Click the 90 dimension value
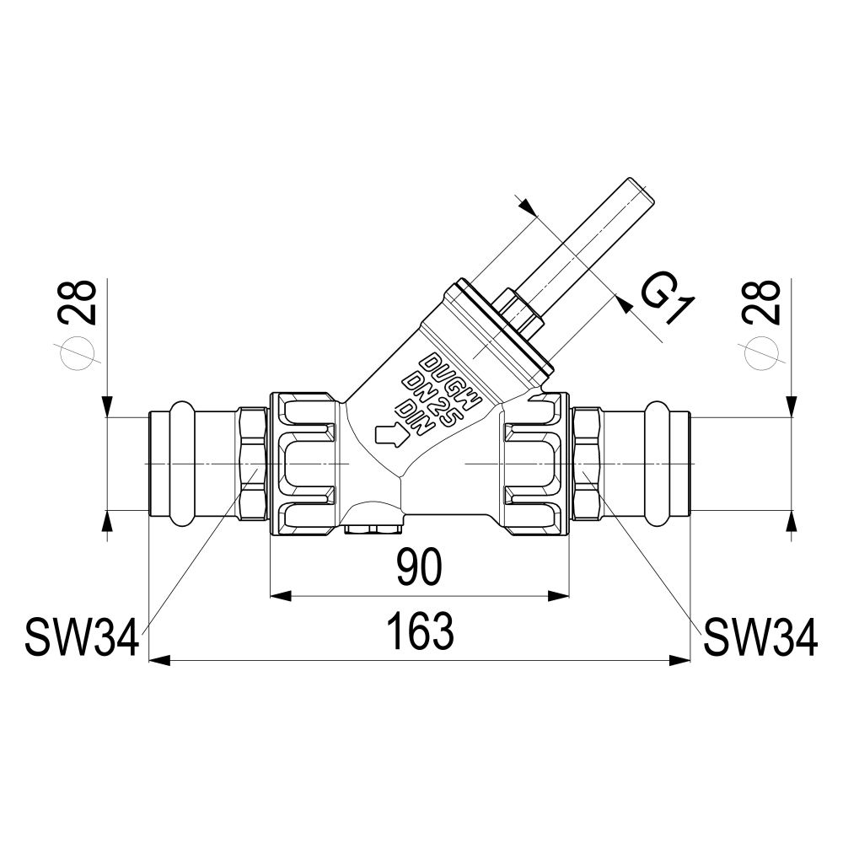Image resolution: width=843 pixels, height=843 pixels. [419, 567]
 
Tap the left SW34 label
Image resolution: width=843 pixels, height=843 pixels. [83, 637]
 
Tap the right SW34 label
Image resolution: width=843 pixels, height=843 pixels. [760, 637]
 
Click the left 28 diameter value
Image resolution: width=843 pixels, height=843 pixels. [79, 303]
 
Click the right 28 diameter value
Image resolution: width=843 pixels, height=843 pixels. [762, 303]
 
